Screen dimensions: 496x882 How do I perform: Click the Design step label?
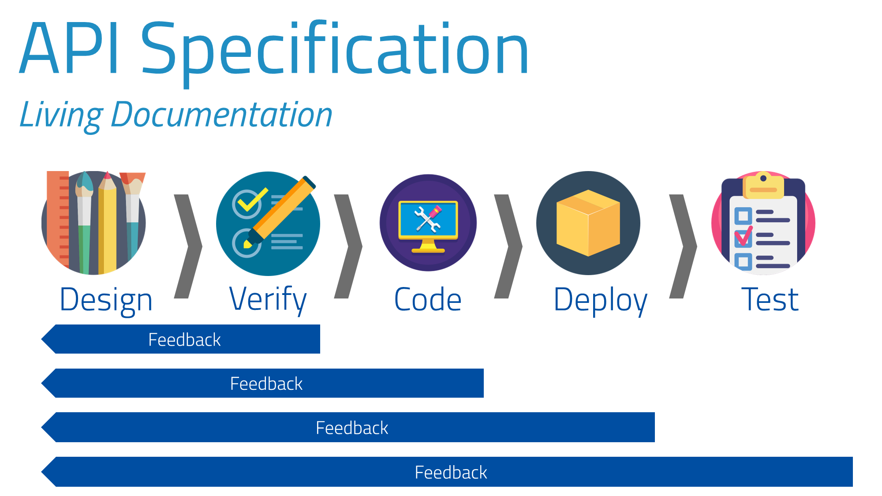[106, 300]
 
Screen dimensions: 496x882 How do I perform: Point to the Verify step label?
[268, 299]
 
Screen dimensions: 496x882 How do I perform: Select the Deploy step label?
[600, 300]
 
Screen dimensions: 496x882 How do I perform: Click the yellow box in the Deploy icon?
[588, 223]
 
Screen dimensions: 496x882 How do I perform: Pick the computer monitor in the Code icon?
[428, 220]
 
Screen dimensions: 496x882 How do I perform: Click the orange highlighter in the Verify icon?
[282, 209]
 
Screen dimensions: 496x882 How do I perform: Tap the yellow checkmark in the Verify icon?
[252, 200]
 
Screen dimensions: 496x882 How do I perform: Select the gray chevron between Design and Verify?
[188, 246]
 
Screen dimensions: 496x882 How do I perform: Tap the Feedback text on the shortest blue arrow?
[184, 340]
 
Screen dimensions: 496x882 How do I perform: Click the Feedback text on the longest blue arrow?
[451, 473]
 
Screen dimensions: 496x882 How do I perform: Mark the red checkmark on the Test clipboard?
[744, 236]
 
